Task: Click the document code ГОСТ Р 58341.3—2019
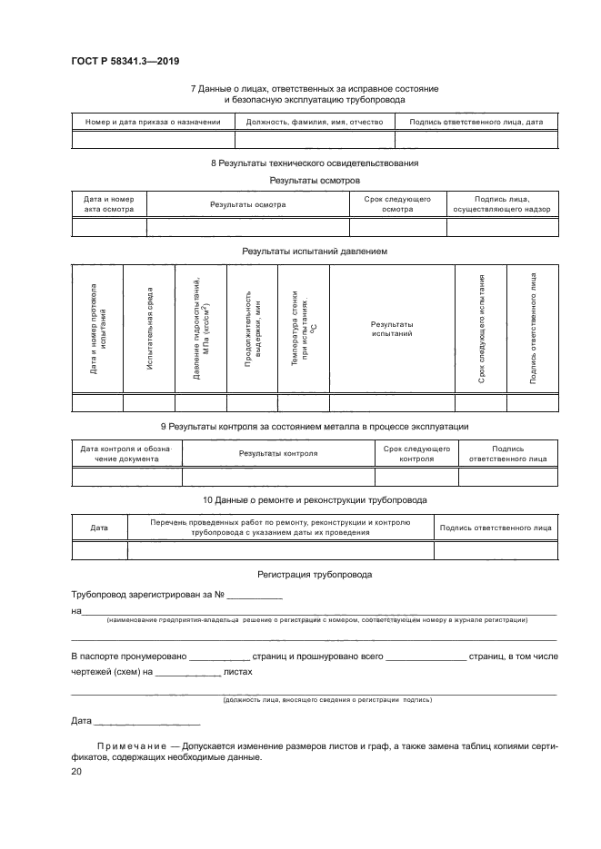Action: point(125,62)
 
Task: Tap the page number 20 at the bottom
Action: point(75,771)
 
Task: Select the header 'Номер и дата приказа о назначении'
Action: point(153,122)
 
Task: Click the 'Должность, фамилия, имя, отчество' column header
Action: point(314,122)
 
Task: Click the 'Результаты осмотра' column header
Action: point(247,204)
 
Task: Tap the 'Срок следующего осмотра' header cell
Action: point(397,204)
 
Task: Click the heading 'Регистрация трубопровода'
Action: point(314,576)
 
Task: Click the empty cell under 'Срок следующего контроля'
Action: point(416,478)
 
